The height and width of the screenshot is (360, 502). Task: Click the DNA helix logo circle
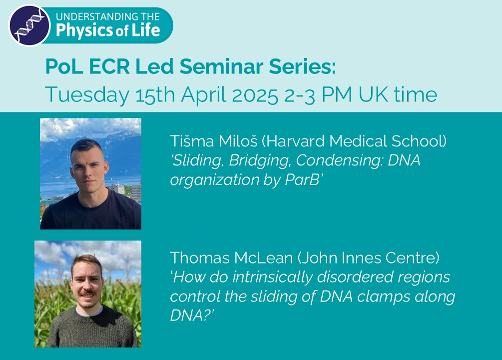[29, 25]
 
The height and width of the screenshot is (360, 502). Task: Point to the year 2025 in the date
[255, 95]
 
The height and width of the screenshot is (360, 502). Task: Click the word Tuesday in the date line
[87, 95]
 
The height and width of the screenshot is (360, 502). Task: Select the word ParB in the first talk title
[302, 179]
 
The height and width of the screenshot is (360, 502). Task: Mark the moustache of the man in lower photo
[87, 292]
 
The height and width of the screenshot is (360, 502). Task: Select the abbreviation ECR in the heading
[109, 66]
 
